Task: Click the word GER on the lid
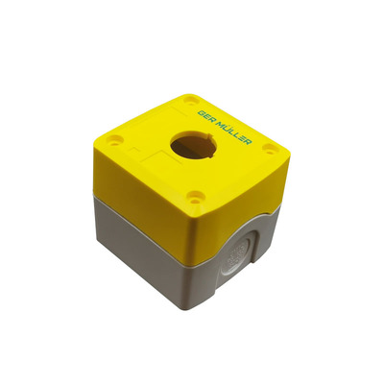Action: (x=206, y=117)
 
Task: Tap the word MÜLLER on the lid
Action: (x=233, y=132)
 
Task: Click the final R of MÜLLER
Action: (x=248, y=141)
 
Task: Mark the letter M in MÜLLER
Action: (x=219, y=125)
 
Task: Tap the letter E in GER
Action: (x=206, y=117)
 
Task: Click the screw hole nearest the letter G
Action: (x=192, y=100)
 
